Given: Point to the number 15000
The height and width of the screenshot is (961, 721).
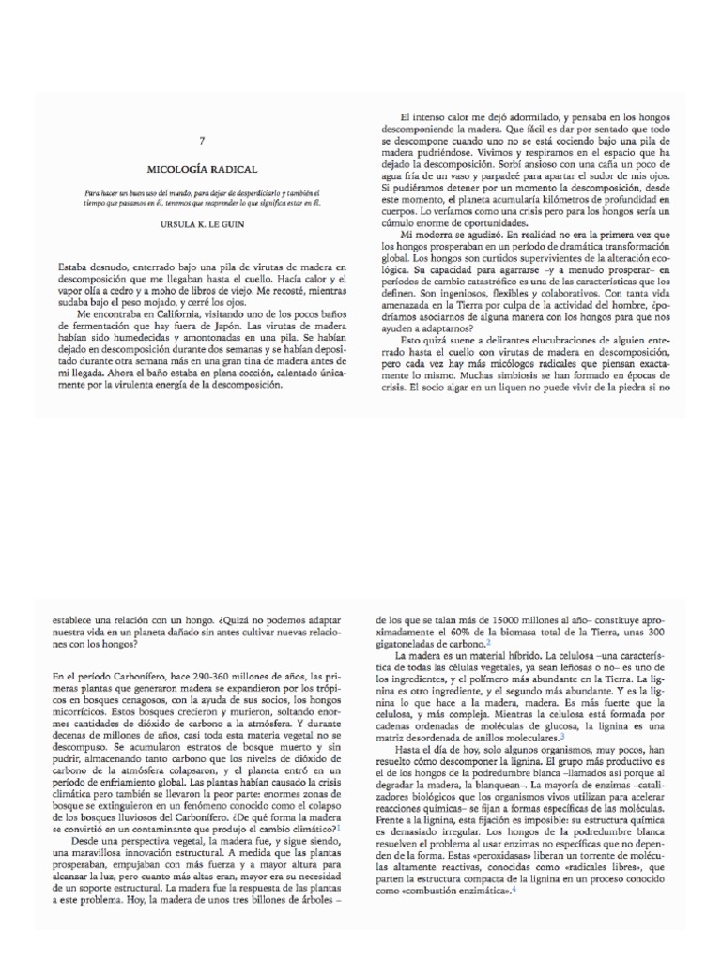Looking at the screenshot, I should (x=499, y=620).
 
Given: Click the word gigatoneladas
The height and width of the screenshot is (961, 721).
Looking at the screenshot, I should (x=406, y=645).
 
